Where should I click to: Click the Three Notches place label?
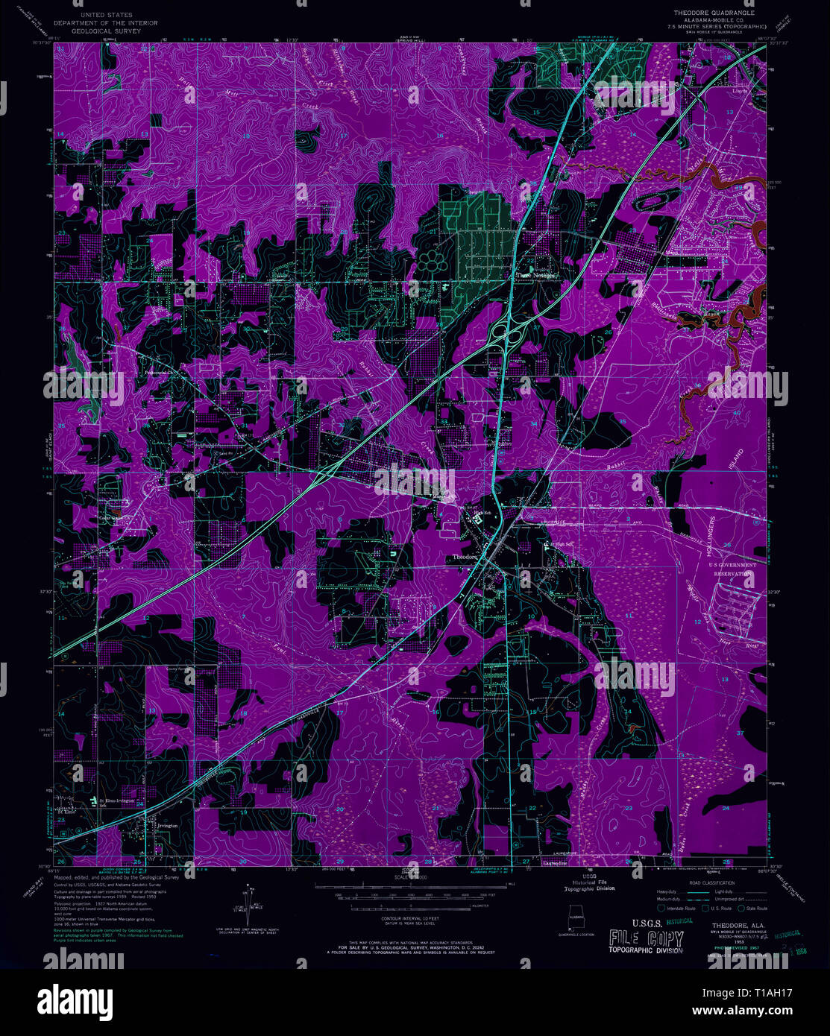coord(537,275)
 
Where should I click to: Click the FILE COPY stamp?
coord(645,939)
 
